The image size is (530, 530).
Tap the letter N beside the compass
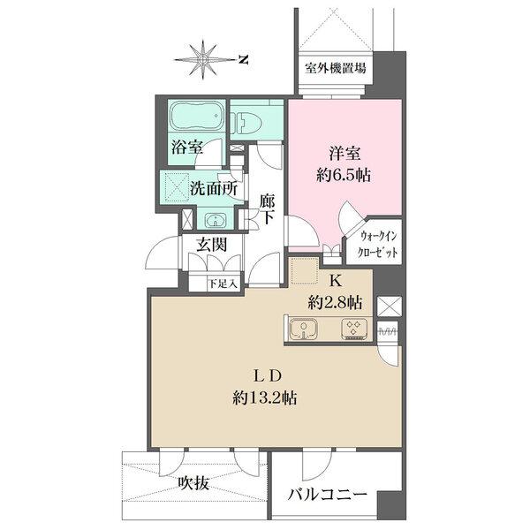pos(244,59)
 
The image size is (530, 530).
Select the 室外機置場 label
pos(335,69)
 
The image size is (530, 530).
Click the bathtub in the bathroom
pos(196,117)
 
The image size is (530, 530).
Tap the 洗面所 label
pos(216,188)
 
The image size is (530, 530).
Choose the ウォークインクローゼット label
pos(381,243)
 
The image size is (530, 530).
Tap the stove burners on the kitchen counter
pos(354,329)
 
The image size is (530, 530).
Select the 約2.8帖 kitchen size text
pos(335,302)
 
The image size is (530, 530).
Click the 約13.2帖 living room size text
pos(265,397)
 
